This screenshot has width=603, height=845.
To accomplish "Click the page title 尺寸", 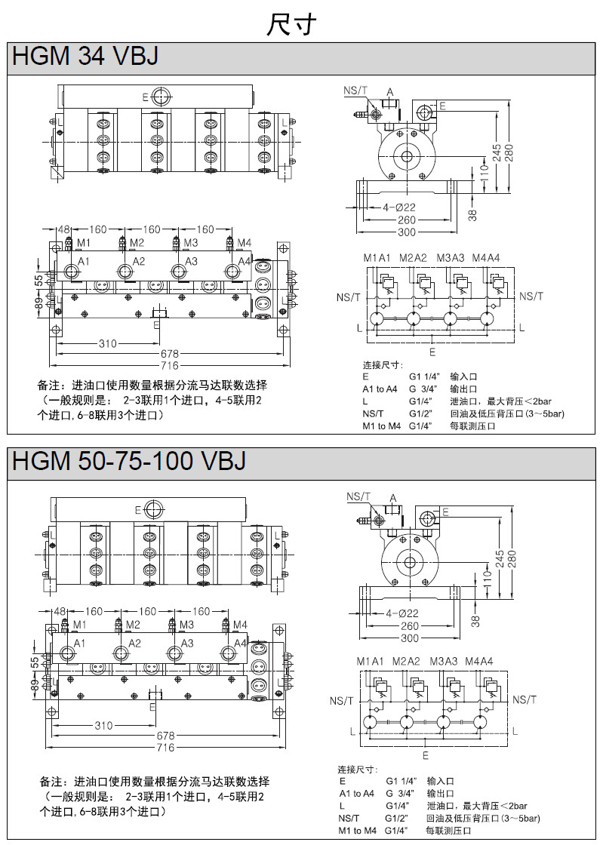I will pyautogui.click(x=291, y=24).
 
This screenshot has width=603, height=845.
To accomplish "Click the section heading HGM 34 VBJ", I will pyautogui.click(x=85, y=57).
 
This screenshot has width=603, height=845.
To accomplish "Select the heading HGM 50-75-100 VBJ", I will pyautogui.click(x=129, y=460).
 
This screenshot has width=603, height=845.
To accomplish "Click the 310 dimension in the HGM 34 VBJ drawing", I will pyautogui.click(x=108, y=344).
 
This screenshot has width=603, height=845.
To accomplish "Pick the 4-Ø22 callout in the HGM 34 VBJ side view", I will pyautogui.click(x=400, y=207).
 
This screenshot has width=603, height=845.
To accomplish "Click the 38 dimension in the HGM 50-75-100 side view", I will pyautogui.click(x=474, y=620).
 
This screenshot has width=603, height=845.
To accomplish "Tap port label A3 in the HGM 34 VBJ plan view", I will pyautogui.click(x=192, y=261).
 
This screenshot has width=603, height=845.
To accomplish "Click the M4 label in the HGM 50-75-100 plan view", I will pyautogui.click(x=240, y=625).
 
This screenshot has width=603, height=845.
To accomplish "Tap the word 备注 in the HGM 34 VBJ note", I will pyautogui.click(x=51, y=386).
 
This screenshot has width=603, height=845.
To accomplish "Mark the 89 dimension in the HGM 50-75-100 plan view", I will pyautogui.click(x=35, y=685).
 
